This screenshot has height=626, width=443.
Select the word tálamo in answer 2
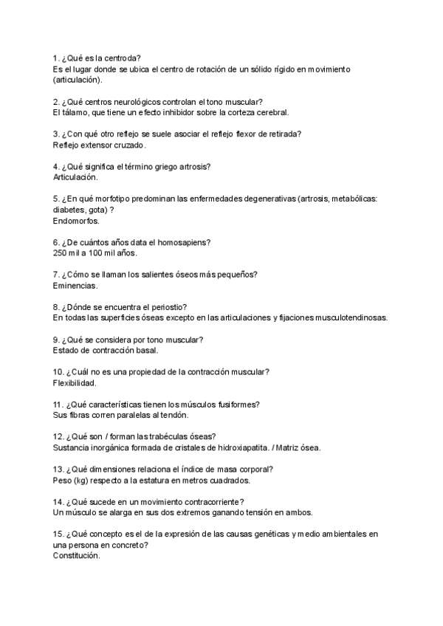point(76,112)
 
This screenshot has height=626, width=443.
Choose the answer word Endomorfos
point(76,221)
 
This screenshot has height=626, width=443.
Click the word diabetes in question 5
point(69,210)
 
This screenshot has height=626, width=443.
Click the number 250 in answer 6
point(61,253)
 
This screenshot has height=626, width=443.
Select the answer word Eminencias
point(75,286)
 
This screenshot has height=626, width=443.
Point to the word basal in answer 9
point(143,351)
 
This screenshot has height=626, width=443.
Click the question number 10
point(59,372)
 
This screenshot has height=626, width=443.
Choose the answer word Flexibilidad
point(75,383)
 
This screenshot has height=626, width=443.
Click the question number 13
point(59,469)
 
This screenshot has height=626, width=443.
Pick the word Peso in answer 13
point(63,481)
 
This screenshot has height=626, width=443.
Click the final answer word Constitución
point(76,556)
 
